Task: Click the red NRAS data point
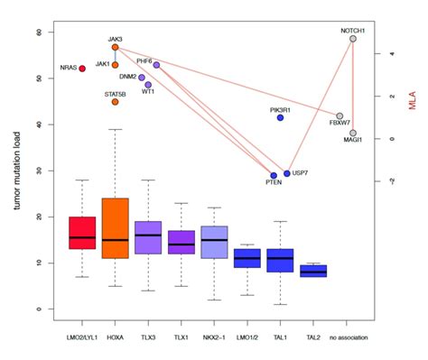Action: pos(82,69)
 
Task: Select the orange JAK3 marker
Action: pos(115,47)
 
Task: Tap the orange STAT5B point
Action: pos(115,102)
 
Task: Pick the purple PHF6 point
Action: pos(156,65)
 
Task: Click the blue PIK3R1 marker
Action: pos(280,118)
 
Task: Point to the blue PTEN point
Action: pos(274,176)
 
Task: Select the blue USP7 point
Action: pos(287,173)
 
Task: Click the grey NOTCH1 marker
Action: pos(352,39)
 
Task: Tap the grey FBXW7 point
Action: pos(340,116)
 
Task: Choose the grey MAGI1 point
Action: pos(353,133)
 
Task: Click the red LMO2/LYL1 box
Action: pos(82,233)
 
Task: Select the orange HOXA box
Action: pos(116,228)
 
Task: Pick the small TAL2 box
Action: pos(312,271)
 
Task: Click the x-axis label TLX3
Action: pos(148,337)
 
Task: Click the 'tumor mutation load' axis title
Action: pos(15,171)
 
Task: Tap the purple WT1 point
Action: pos(148,85)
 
